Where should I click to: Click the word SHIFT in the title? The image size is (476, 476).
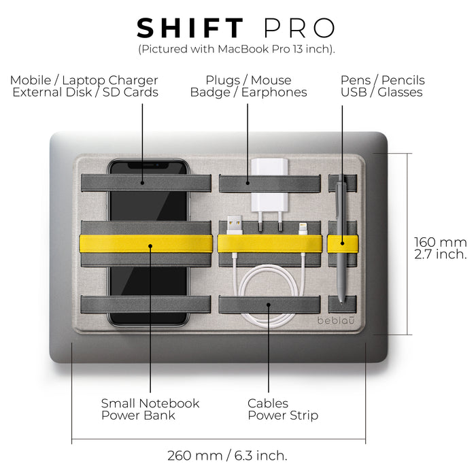tap(190, 29)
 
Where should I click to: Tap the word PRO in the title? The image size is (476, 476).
tap(299, 29)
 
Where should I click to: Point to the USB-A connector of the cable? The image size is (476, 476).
tap(235, 224)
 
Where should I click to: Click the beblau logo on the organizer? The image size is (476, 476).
tap(336, 320)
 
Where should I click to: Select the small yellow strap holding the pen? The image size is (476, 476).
tap(343, 243)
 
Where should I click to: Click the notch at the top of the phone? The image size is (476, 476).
tap(148, 165)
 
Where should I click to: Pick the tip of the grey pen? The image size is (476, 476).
tap(341, 302)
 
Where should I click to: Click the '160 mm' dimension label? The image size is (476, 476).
tap(441, 242)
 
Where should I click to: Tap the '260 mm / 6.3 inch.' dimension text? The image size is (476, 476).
tap(227, 456)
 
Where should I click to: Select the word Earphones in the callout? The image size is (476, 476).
tap(274, 92)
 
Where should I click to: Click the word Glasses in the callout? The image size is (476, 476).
tap(400, 92)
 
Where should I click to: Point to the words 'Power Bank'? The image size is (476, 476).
tap(138, 415)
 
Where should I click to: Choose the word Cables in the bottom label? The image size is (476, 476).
tap(268, 403)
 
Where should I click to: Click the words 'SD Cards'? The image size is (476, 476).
tap(131, 92)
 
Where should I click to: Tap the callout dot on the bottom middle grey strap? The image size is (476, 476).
tap(269, 305)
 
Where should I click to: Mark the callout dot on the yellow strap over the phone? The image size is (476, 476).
tap(150, 245)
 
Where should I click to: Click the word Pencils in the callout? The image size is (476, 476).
tap(403, 80)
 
